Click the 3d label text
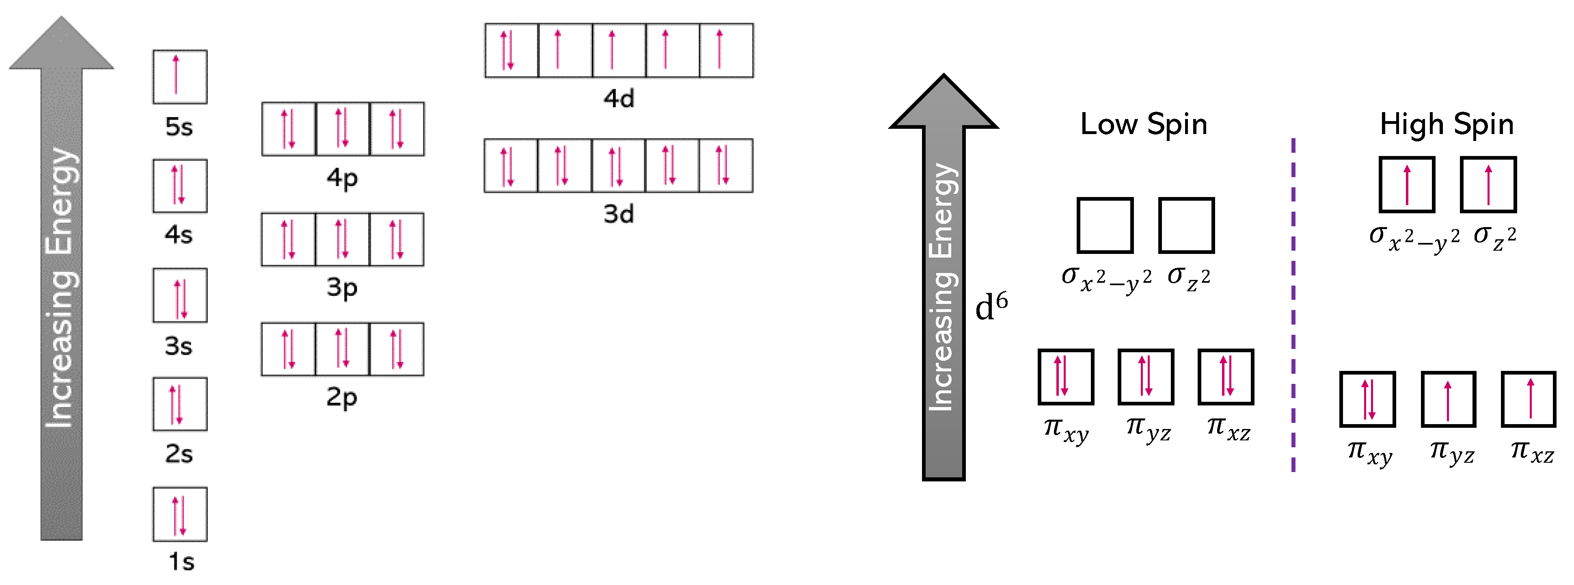click(x=618, y=214)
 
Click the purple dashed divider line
click(x=1293, y=305)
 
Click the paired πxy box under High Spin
click(x=1367, y=399)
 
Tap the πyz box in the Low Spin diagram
click(x=1146, y=377)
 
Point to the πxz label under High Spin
click(x=1532, y=452)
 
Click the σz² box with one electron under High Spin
click(x=1488, y=184)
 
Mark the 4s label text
click(x=178, y=235)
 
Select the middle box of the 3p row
click(x=342, y=239)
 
